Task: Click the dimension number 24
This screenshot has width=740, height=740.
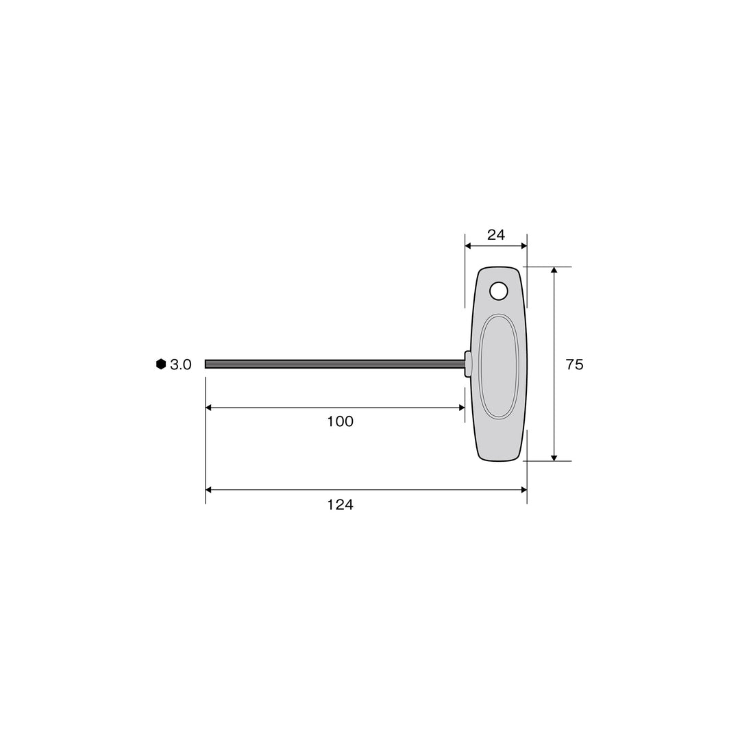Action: click(495, 235)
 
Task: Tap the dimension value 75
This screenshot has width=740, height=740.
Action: click(574, 365)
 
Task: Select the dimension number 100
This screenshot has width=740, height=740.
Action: click(341, 421)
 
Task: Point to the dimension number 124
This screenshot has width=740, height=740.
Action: click(341, 505)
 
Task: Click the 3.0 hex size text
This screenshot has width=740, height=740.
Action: click(181, 365)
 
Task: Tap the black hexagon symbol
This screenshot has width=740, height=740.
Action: click(161, 364)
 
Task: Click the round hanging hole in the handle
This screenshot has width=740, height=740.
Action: click(499, 291)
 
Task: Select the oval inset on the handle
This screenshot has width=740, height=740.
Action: click(499, 366)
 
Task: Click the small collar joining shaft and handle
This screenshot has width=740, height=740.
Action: click(468, 364)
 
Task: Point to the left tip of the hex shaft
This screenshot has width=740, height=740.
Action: click(206, 364)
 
